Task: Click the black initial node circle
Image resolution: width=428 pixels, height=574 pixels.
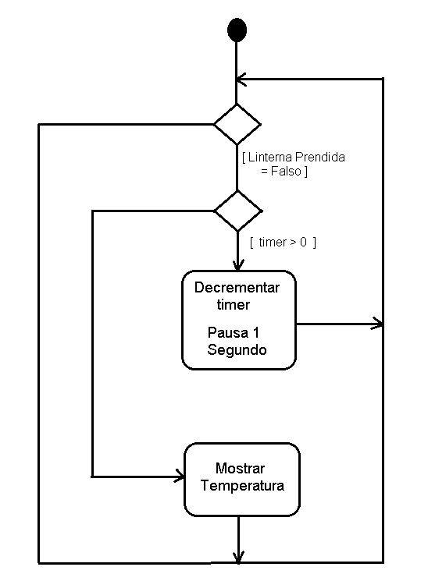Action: click(237, 30)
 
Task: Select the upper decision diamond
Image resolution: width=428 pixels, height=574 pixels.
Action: click(237, 125)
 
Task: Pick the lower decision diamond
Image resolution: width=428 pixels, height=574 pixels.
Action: click(238, 211)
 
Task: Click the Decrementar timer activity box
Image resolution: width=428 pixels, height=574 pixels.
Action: click(239, 320)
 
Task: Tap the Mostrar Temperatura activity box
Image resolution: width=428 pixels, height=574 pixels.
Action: click(241, 479)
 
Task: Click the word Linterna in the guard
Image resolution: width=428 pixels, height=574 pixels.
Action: click(270, 157)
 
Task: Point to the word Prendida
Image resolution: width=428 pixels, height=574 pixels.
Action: click(320, 157)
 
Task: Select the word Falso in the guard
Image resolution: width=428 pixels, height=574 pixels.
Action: click(286, 171)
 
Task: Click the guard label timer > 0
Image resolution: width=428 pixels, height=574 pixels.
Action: click(283, 243)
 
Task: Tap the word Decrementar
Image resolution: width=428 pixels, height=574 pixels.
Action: click(237, 287)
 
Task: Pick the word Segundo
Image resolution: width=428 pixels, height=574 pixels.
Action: click(237, 350)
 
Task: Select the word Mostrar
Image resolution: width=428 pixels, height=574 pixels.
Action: click(240, 468)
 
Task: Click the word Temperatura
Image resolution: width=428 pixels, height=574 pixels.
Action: click(242, 486)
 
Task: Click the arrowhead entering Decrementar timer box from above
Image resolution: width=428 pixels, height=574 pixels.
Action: click(238, 265)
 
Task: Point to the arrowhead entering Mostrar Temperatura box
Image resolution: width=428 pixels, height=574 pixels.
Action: click(178, 476)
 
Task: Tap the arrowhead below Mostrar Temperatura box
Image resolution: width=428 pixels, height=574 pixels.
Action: click(238, 557)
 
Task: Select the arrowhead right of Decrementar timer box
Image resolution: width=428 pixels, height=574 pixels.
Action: click(377, 324)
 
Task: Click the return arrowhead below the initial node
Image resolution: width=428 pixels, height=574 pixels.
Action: click(241, 79)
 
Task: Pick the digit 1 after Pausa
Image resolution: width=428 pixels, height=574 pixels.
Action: click(255, 332)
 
